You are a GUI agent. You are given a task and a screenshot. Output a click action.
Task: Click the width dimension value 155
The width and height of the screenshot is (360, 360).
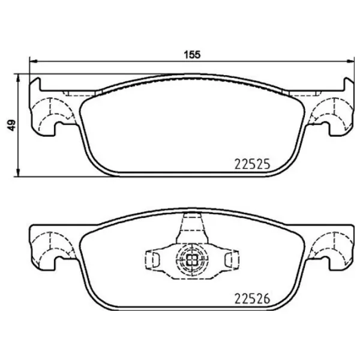(191, 54)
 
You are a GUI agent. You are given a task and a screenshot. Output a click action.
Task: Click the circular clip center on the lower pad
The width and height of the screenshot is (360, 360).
(191, 259)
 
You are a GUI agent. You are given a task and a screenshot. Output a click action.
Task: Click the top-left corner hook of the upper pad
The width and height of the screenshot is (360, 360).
(36, 82)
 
